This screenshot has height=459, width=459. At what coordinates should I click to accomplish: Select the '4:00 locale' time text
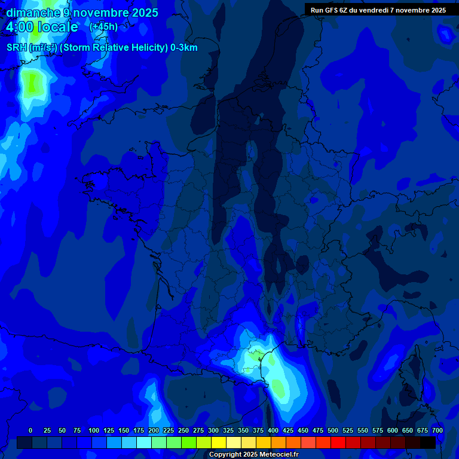click(x=42, y=27)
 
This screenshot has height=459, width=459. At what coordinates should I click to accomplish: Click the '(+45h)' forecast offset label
click(x=103, y=27)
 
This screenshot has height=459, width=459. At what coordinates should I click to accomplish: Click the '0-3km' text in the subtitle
click(x=184, y=48)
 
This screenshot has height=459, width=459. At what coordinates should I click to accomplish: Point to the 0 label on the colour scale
click(x=30, y=430)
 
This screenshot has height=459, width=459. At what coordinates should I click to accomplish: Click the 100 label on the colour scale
click(x=94, y=430)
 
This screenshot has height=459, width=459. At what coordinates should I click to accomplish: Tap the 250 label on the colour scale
click(x=183, y=430)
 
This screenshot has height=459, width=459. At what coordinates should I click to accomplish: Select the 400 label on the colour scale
click(x=273, y=430)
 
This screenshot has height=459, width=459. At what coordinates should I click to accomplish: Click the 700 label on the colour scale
click(x=437, y=430)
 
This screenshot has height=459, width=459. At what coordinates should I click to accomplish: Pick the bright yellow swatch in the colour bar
click(x=219, y=442)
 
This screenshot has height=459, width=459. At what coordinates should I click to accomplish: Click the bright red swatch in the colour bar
click(x=338, y=442)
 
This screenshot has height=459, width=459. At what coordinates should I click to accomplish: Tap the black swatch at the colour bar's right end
click(x=428, y=442)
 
